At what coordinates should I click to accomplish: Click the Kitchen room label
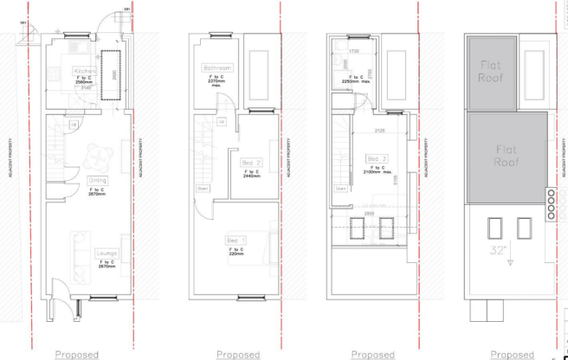(x=85, y=70)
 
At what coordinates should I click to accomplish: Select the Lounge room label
(x=107, y=253)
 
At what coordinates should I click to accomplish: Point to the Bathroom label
(x=217, y=67)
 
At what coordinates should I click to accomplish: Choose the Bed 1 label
(x=236, y=239)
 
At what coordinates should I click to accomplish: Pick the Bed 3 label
(x=378, y=158)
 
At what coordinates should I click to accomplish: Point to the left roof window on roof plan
(x=494, y=228)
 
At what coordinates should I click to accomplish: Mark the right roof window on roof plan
(x=523, y=228)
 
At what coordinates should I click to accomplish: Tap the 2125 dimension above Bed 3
(x=379, y=131)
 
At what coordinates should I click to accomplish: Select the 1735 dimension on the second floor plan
(x=353, y=51)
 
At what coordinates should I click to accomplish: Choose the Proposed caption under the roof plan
(x=511, y=354)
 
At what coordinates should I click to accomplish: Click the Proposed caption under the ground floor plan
(x=77, y=354)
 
